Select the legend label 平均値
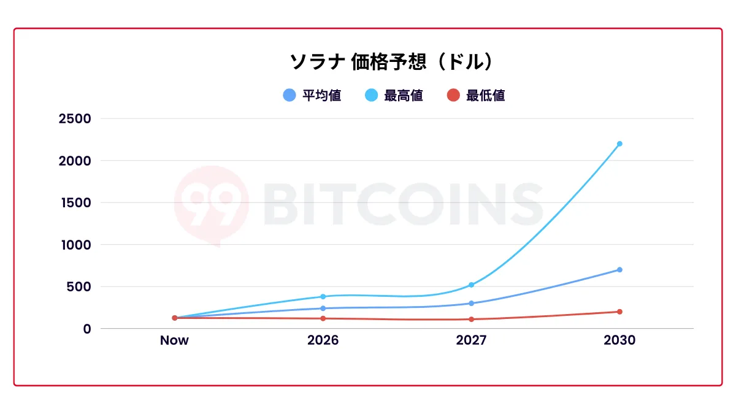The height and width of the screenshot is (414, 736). pyautogui.click(x=321, y=96)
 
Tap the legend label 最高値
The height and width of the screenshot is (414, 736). pyautogui.click(x=403, y=96)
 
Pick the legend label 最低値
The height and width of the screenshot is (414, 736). pyautogui.click(x=485, y=96)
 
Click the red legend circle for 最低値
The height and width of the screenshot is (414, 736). pyautogui.click(x=453, y=96)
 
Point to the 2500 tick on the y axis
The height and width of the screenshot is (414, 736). pyautogui.click(x=75, y=118)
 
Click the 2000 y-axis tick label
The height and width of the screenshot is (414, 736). pyautogui.click(x=75, y=161)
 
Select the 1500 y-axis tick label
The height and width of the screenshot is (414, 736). pyautogui.click(x=75, y=202)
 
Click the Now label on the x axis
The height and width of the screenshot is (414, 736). pyautogui.click(x=174, y=340)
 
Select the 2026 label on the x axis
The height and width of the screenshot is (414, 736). pyautogui.click(x=323, y=340)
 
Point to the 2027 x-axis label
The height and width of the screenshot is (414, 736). pyautogui.click(x=471, y=340)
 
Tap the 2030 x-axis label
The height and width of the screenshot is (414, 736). pyautogui.click(x=619, y=340)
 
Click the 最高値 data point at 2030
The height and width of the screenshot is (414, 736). pyautogui.click(x=619, y=144)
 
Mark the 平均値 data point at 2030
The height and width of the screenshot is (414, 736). pyautogui.click(x=619, y=270)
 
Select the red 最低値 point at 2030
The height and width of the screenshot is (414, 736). pyautogui.click(x=619, y=312)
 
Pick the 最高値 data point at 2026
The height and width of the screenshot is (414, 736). pyautogui.click(x=323, y=297)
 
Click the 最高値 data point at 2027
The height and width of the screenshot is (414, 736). pyautogui.click(x=471, y=285)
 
